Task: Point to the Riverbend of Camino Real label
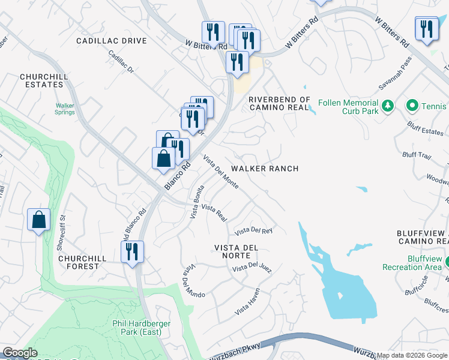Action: tap(279, 103)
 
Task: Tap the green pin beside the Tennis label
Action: tap(412, 106)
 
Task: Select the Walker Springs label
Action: tap(64, 109)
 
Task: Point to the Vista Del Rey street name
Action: tap(253, 230)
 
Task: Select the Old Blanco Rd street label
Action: tap(135, 224)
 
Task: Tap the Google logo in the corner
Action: tap(20, 353)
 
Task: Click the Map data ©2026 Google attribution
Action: tap(412, 355)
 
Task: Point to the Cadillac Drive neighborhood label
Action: tap(111, 41)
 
